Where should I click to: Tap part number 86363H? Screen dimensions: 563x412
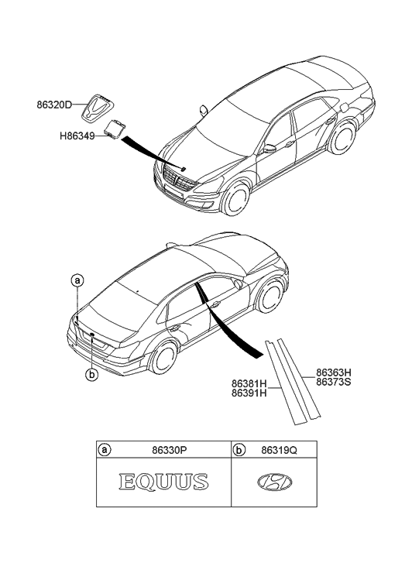pos(332,371)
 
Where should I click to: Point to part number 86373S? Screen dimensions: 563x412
pos(332,381)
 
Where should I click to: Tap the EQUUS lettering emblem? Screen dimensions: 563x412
pos(164,482)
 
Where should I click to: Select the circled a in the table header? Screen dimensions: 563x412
pos(105,448)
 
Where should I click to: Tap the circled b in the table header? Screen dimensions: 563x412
pos(239,448)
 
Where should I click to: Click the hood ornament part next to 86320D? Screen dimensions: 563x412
pos(99,103)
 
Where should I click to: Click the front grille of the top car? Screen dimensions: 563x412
pos(179,186)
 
